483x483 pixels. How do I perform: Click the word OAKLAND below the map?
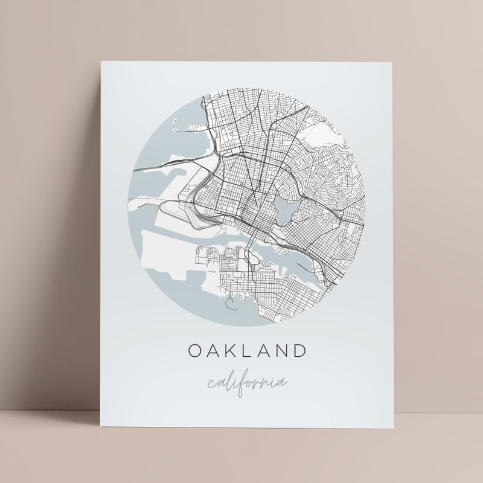pos(248,350)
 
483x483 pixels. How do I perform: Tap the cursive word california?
pos(247,382)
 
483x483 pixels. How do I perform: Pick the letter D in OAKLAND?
pos(298,350)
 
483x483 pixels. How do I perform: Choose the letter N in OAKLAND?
pos(281,350)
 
